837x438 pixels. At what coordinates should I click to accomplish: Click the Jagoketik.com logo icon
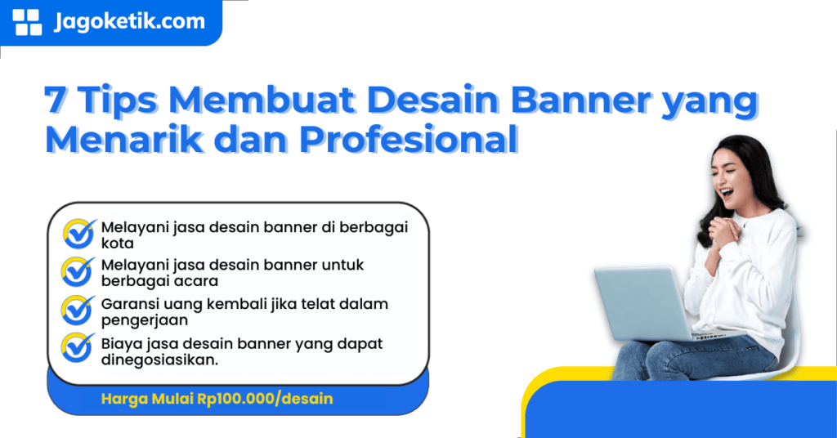pyautogui.click(x=28, y=22)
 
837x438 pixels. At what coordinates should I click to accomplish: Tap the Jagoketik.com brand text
pyautogui.click(x=129, y=21)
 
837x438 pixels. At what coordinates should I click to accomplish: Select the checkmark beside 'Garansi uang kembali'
pyautogui.click(x=79, y=311)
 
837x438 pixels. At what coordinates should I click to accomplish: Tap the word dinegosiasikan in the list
pyautogui.click(x=160, y=359)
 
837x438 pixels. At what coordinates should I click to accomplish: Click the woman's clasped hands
pyautogui.click(x=723, y=234)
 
